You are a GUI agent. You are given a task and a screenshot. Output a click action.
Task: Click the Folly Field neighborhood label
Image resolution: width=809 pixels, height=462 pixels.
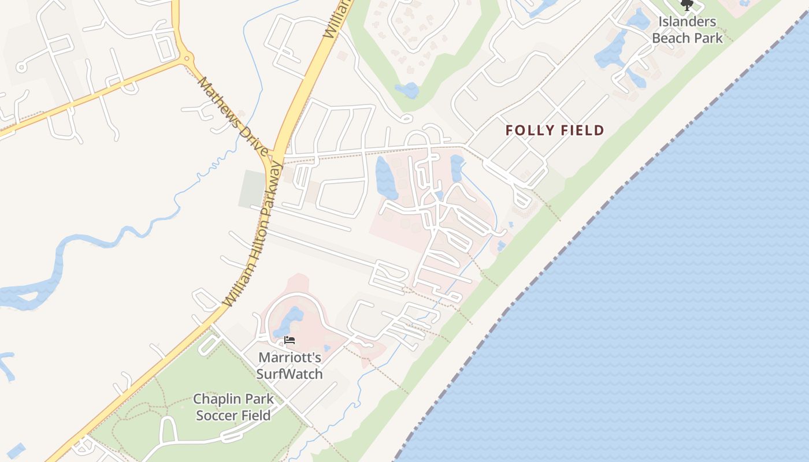[554, 131]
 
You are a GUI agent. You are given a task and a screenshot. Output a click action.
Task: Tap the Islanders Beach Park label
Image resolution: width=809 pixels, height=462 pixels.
[687, 30]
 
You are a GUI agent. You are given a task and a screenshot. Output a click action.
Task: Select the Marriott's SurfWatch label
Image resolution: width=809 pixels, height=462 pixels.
[289, 366]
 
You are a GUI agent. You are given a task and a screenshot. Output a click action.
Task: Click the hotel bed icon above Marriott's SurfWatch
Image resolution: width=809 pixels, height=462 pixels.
[290, 340]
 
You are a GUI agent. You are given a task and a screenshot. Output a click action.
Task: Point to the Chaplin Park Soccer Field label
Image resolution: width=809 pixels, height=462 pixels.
[233, 407]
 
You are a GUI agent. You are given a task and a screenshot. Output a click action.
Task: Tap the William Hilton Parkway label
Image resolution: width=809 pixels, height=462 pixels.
[254, 234]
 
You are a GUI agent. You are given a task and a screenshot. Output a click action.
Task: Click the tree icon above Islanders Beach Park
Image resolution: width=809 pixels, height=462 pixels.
[686, 6]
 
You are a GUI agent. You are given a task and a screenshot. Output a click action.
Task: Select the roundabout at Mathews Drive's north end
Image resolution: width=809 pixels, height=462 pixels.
[186, 58]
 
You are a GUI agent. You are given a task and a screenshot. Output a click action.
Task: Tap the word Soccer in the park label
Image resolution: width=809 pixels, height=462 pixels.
[219, 415]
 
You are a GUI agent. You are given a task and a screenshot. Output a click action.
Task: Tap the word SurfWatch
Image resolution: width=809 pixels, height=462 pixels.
[289, 374]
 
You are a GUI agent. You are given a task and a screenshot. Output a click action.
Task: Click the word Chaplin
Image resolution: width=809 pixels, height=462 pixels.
[217, 399]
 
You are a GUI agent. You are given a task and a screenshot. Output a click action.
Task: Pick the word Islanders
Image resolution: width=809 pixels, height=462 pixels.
[687, 22]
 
